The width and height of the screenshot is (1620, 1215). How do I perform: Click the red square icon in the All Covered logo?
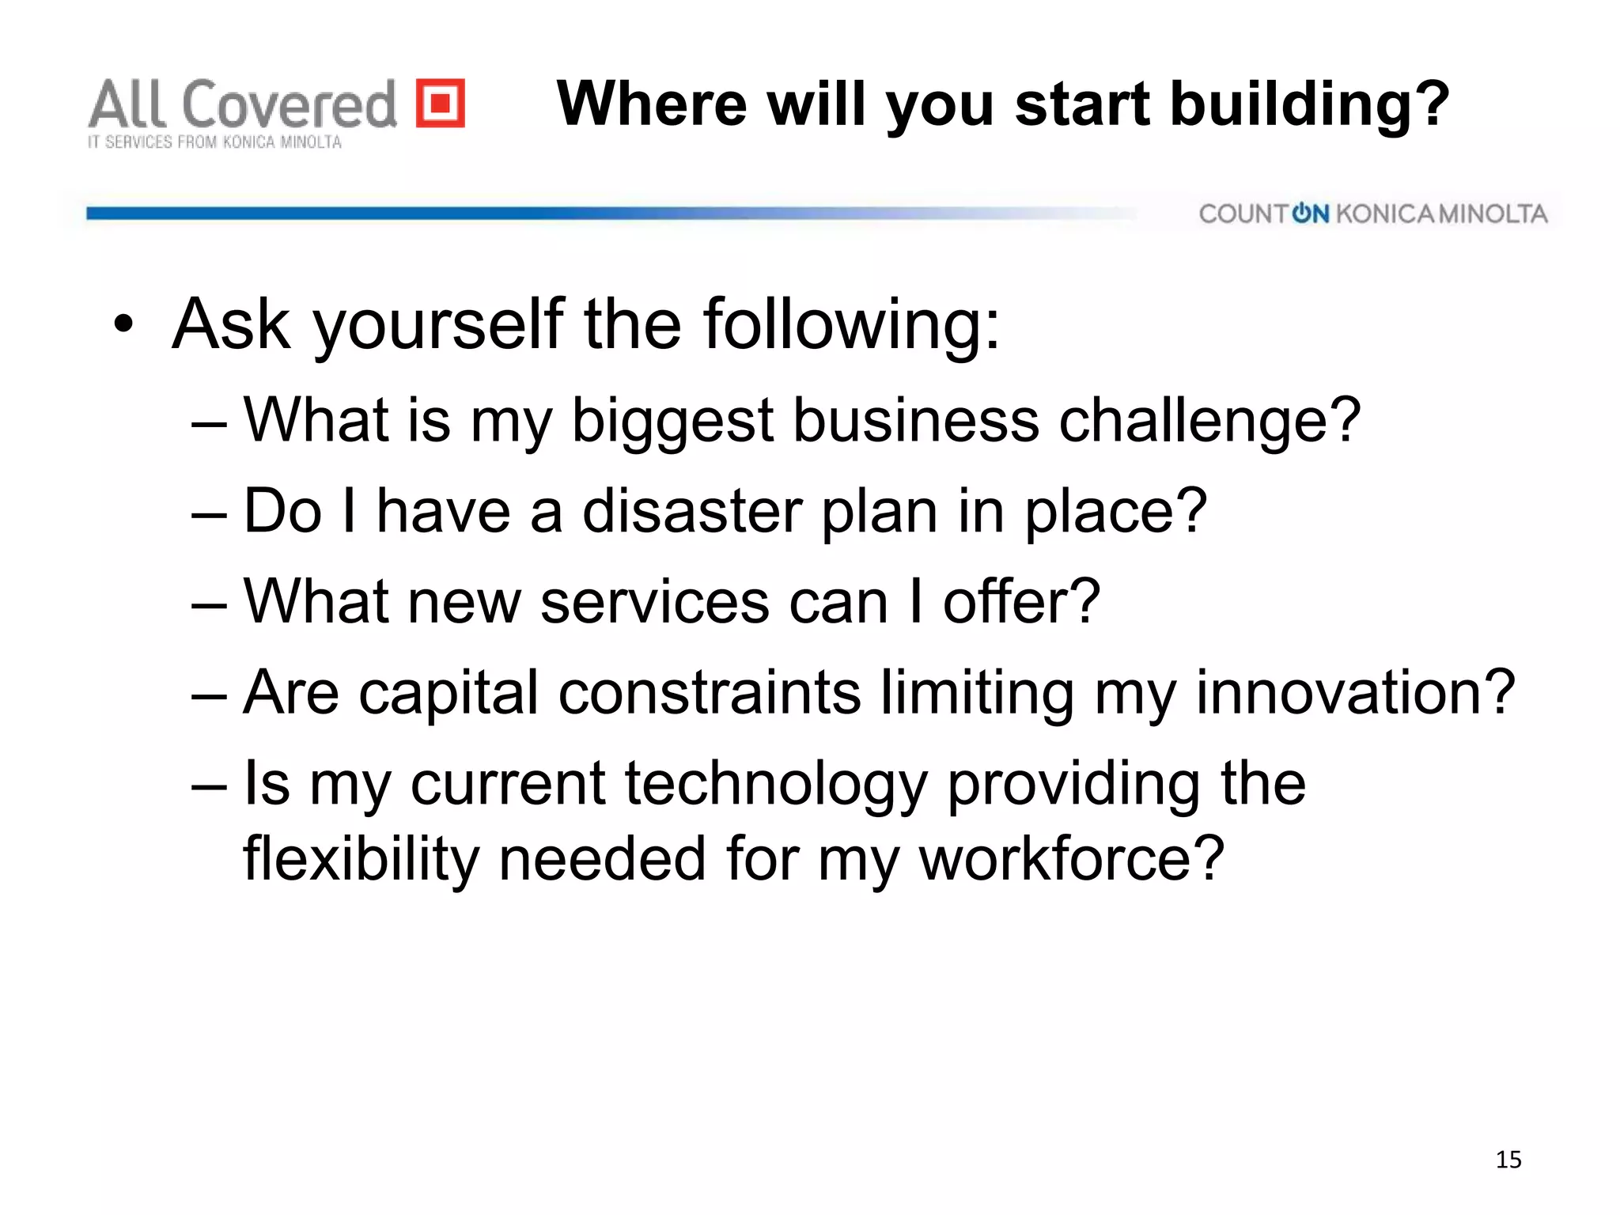[x=441, y=103]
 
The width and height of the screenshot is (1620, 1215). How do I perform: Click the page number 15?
[x=1508, y=1160]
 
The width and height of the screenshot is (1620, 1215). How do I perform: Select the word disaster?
[x=691, y=511]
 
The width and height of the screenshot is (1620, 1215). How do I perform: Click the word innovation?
[x=1355, y=693]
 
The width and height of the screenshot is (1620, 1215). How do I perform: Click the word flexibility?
[x=360, y=859]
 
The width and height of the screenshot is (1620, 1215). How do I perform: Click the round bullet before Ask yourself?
[x=123, y=324]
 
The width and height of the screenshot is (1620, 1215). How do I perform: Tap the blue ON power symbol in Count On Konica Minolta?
[x=1310, y=214]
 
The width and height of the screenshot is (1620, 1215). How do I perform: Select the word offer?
[x=1020, y=602]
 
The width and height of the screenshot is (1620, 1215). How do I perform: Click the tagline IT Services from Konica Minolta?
[x=214, y=142]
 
